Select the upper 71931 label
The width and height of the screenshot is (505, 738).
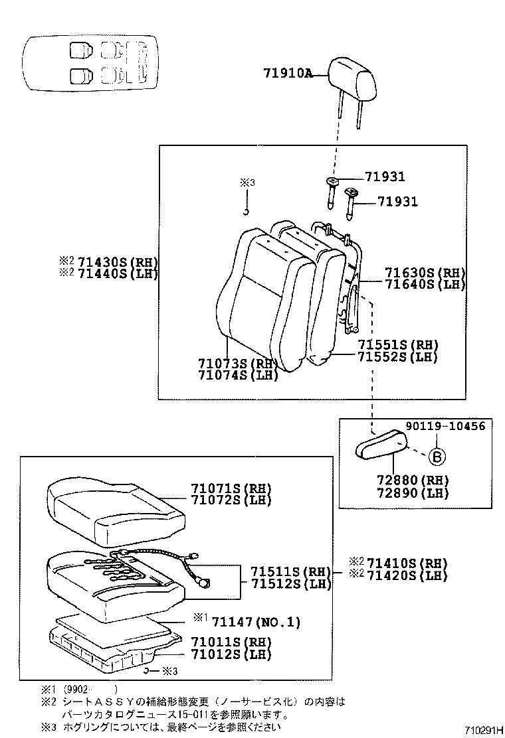coord(384,177)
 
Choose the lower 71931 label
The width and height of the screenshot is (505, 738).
coord(397,202)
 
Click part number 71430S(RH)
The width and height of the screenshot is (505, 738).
coord(117,261)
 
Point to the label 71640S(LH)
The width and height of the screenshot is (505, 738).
coord(425,284)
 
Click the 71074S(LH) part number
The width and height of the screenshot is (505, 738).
coord(237,376)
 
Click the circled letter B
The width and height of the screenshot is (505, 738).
coord(436,457)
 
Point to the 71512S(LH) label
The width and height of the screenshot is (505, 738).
coord(290,583)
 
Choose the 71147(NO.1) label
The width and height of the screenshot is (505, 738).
coord(256,622)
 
